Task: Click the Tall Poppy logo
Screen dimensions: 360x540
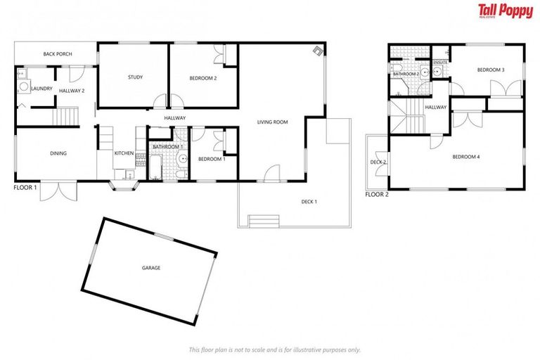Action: coord(505,11)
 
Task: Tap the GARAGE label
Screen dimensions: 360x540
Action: coord(151,268)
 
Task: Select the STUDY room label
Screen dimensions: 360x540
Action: coord(136,77)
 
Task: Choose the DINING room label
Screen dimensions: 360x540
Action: coord(58,153)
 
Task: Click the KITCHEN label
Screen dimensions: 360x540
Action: coord(124,153)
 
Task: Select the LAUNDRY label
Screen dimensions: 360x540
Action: coord(41,89)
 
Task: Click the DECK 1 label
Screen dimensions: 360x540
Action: coord(309,202)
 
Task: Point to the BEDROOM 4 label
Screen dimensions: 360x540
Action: coord(465,157)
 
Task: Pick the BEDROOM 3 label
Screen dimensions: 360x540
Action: coord(491,70)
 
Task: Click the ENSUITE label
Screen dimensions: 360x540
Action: coord(441,63)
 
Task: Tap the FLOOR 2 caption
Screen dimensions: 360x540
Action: coord(377,195)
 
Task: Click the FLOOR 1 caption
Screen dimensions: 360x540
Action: coord(26,188)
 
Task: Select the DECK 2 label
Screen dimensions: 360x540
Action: coord(378,162)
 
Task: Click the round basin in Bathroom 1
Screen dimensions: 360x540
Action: coord(181,159)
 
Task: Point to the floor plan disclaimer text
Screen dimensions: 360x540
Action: coord(274,349)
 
